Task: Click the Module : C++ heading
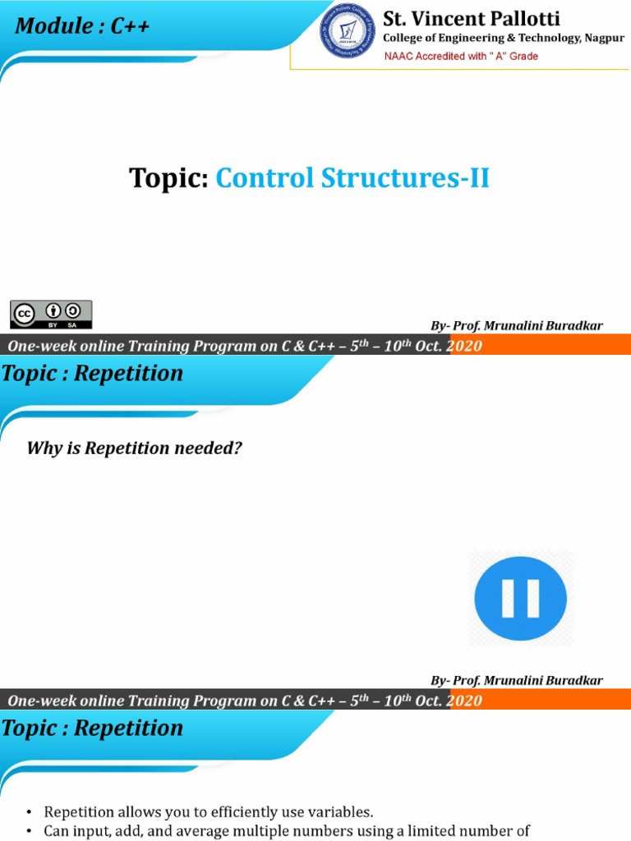pyautogui.click(x=82, y=25)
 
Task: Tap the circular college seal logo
pyautogui.click(x=348, y=30)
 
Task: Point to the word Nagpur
pyautogui.click(x=605, y=38)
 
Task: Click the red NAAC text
pyautogui.click(x=398, y=56)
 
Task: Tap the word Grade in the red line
pyautogui.click(x=523, y=56)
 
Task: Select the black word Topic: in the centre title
pyautogui.click(x=168, y=177)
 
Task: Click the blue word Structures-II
pyautogui.click(x=405, y=177)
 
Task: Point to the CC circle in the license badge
pyautogui.click(x=24, y=315)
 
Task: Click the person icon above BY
pyautogui.click(x=53, y=310)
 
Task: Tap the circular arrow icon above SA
pyautogui.click(x=72, y=310)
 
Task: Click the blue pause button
pyautogui.click(x=520, y=598)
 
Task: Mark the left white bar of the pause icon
pyautogui.click(x=508, y=599)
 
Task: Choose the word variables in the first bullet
pyautogui.click(x=341, y=812)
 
